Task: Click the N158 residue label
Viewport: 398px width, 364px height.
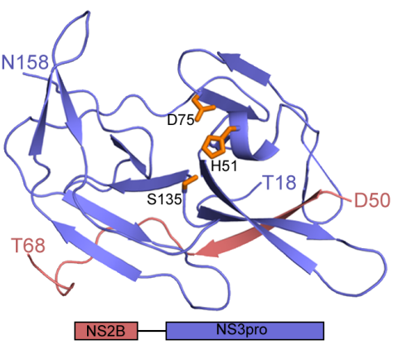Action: click(25, 62)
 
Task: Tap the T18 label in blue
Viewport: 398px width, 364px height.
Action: click(280, 182)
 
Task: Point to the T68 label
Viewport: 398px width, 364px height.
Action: click(28, 245)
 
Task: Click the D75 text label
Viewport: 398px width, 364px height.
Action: click(181, 120)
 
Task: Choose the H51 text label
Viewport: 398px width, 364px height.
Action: click(224, 166)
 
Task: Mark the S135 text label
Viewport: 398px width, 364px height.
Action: click(164, 199)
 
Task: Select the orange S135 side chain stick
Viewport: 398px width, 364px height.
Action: click(190, 182)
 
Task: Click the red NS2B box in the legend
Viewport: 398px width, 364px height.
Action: click(106, 331)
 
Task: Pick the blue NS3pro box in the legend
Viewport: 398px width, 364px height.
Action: click(245, 331)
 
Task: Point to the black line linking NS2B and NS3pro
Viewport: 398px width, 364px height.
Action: click(152, 331)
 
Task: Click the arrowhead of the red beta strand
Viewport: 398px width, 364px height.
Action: click(210, 248)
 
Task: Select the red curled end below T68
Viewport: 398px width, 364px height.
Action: click(66, 290)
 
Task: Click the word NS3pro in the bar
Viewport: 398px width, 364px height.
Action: click(242, 330)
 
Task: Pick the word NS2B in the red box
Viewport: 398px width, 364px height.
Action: click(106, 331)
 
